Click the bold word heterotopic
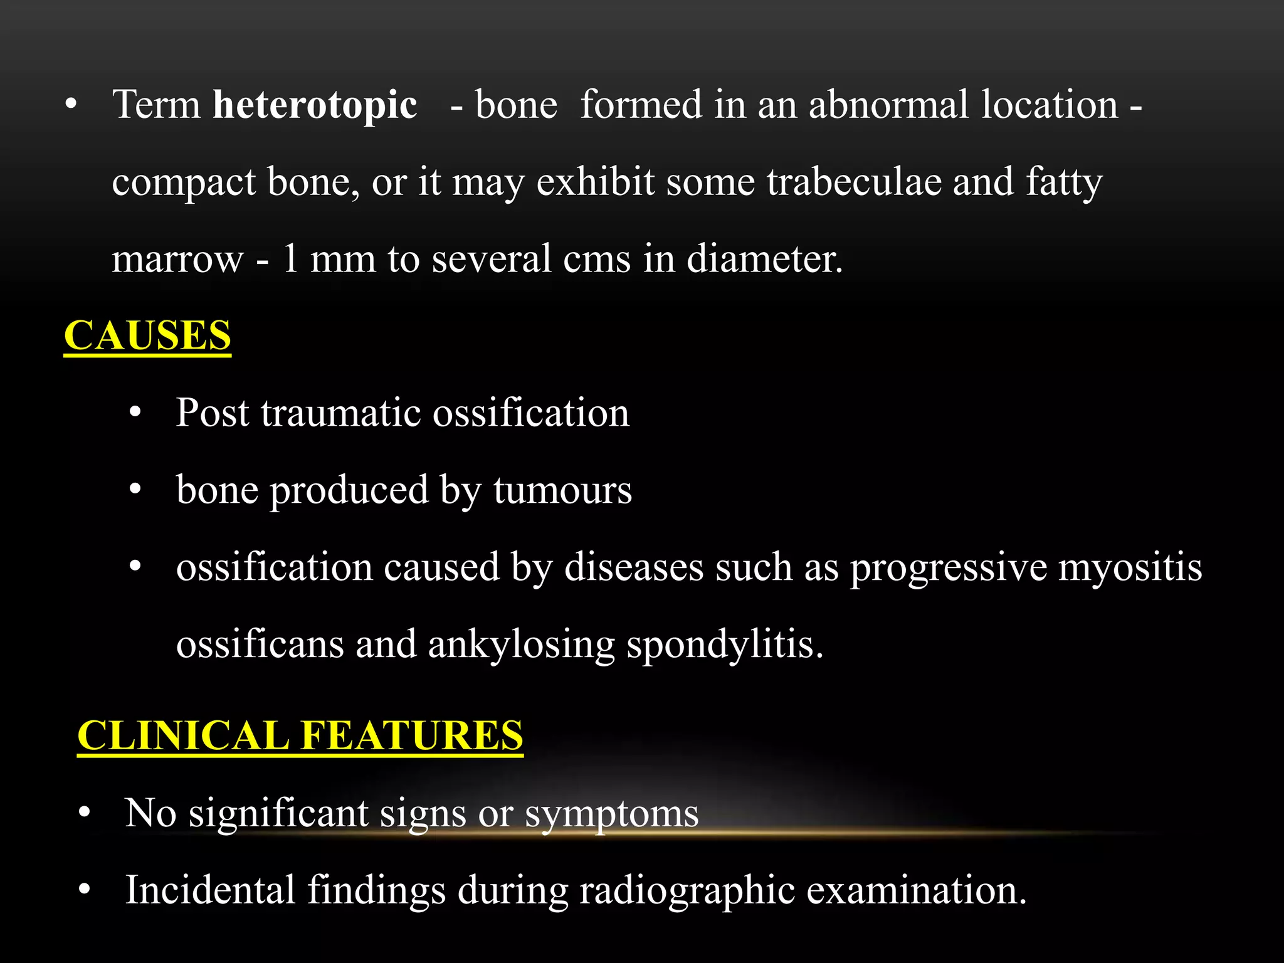click(315, 105)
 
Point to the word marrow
click(177, 259)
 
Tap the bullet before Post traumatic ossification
click(135, 414)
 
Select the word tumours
click(562, 490)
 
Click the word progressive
click(948, 568)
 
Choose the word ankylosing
click(521, 645)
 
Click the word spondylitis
click(725, 645)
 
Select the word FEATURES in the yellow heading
click(412, 735)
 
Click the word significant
click(278, 814)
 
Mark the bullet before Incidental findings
click(85, 890)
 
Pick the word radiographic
click(687, 891)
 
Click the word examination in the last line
click(916, 890)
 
